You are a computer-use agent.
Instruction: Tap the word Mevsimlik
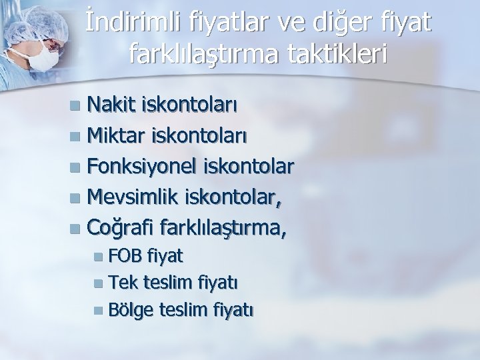click(x=133, y=197)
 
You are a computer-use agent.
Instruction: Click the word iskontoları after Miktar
click(x=203, y=135)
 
